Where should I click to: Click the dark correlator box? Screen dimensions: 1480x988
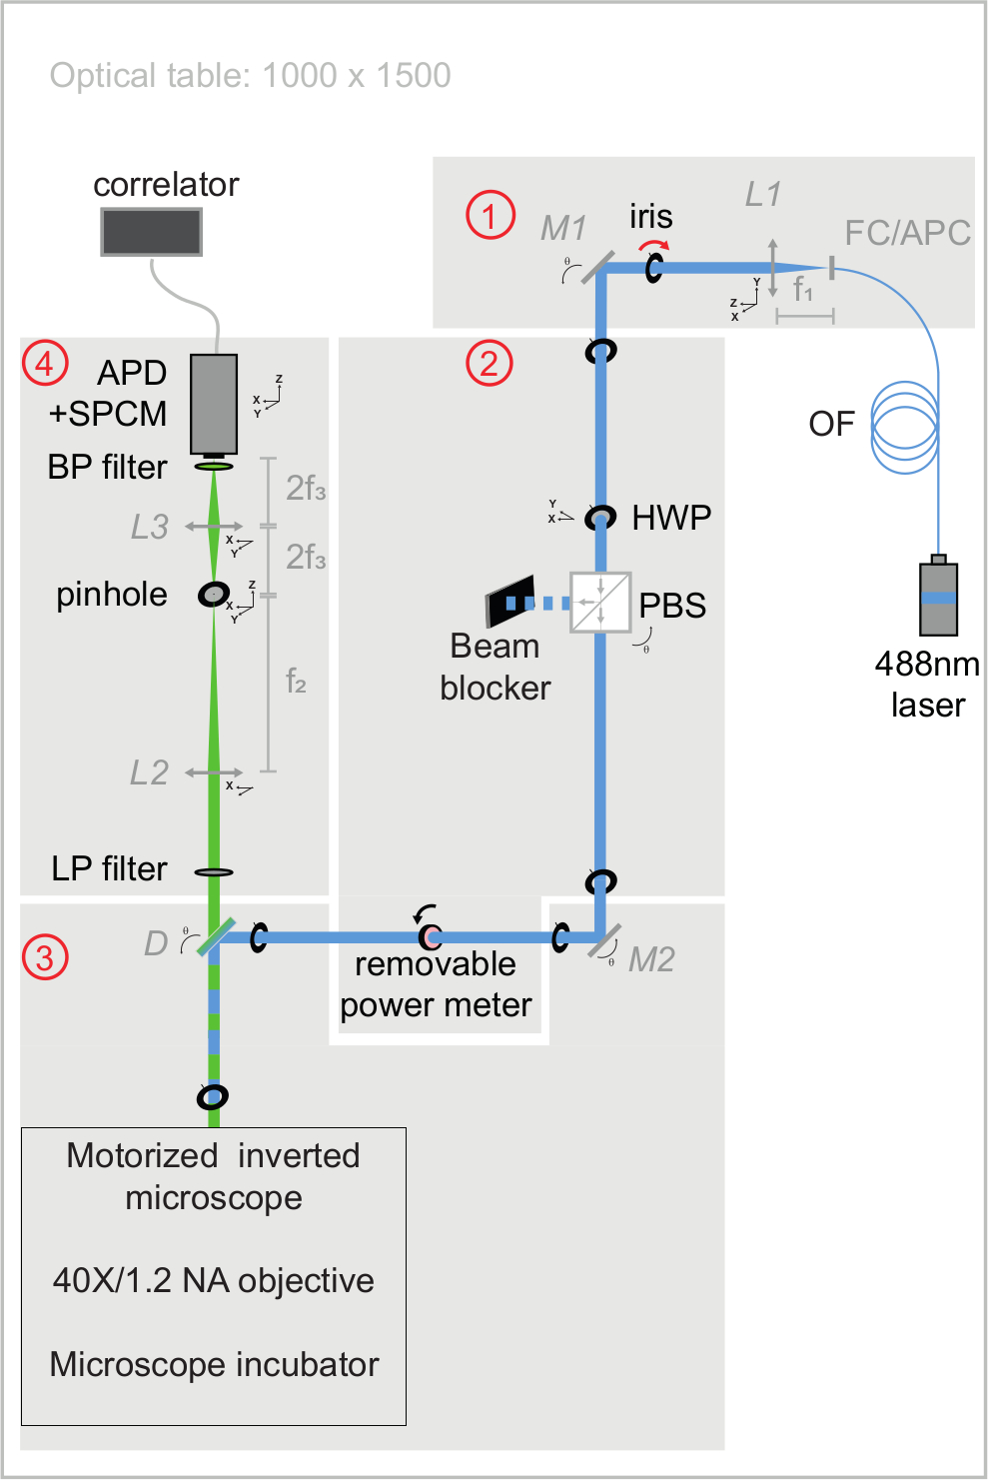coord(152,232)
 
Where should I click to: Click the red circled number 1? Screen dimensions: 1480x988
coord(491,215)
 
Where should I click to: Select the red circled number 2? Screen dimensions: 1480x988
coord(490,363)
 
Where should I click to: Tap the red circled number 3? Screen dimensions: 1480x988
coord(45,957)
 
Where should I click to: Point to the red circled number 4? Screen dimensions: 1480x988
coord(45,363)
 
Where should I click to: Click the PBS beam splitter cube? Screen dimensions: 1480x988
coord(600,602)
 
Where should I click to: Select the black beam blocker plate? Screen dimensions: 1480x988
coord(510,602)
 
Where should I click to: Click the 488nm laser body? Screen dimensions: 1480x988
coord(938,599)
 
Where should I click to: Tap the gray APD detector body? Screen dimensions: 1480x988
coord(214,403)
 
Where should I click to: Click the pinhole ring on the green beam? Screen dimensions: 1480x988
coord(213,594)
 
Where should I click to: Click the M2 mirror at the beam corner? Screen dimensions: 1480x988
coord(602,939)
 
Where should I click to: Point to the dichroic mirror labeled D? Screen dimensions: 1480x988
coord(215,937)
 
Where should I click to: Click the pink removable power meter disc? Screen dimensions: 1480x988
coord(431,937)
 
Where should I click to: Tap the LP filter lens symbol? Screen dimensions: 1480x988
coord(214,872)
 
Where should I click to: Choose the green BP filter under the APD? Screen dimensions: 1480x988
coord(214,467)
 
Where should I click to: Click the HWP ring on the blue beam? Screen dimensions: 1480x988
coord(600,518)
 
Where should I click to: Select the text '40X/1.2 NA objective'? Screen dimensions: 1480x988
coord(214,1280)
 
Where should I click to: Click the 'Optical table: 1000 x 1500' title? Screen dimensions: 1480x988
coord(250,76)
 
